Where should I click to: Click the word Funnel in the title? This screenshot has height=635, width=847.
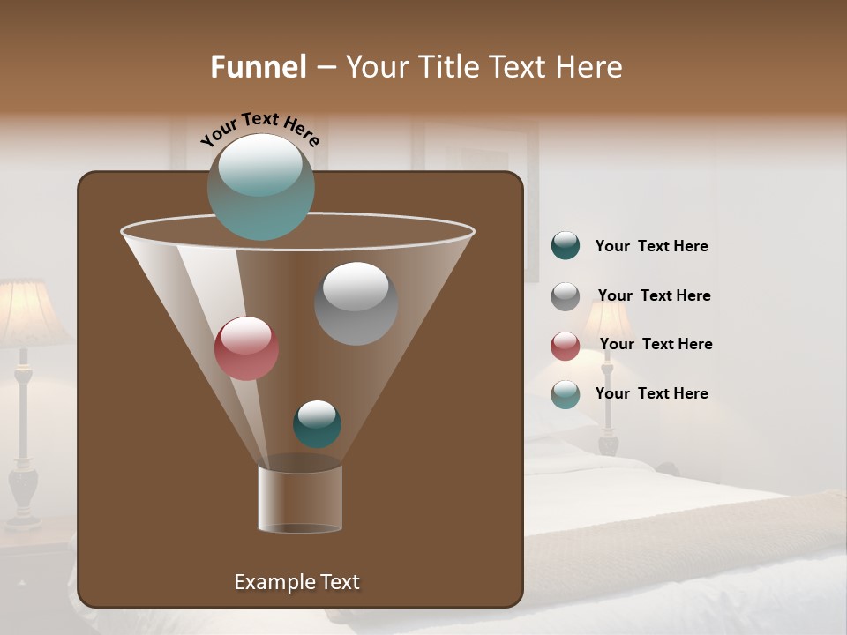pyautogui.click(x=258, y=67)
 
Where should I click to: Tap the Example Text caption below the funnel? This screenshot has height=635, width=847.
pyautogui.click(x=296, y=582)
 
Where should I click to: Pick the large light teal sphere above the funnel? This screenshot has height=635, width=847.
pyautogui.click(x=260, y=186)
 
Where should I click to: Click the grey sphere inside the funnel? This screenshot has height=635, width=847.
pyautogui.click(x=356, y=303)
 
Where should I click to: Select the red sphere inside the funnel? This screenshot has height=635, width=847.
pyautogui.click(x=246, y=348)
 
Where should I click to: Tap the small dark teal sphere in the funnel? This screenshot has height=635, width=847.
pyautogui.click(x=317, y=423)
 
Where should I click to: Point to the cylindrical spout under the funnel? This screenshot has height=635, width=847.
pyautogui.click(x=299, y=498)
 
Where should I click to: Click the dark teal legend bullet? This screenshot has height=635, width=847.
pyautogui.click(x=566, y=246)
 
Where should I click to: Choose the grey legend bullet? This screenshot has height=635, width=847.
pyautogui.click(x=566, y=296)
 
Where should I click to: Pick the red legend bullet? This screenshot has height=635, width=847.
pyautogui.click(x=566, y=346)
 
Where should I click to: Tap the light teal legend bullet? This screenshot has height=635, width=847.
pyautogui.click(x=566, y=394)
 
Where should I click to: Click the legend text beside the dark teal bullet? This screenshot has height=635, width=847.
pyautogui.click(x=651, y=247)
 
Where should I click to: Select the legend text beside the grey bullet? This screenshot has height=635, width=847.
pyautogui.click(x=654, y=296)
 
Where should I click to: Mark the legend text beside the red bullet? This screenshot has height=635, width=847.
pyautogui.click(x=656, y=345)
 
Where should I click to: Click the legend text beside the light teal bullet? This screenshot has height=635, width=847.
pyautogui.click(x=651, y=394)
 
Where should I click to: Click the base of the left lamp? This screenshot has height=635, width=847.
pyautogui.click(x=24, y=495)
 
